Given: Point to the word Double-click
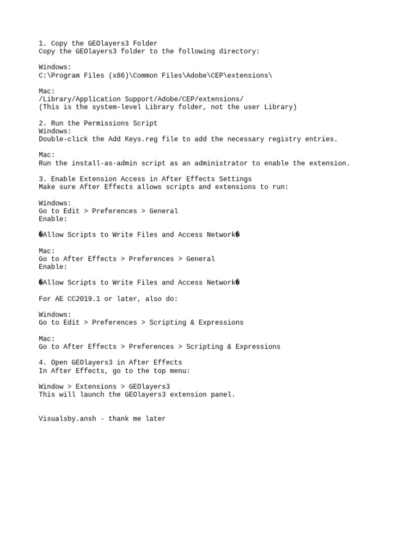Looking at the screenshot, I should tap(63, 139).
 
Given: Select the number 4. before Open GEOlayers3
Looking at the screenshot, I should tap(42, 362).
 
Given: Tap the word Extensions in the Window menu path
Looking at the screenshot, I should tap(96, 387).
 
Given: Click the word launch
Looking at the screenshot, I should tap(92, 394).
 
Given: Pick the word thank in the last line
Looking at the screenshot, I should tap(120, 419).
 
